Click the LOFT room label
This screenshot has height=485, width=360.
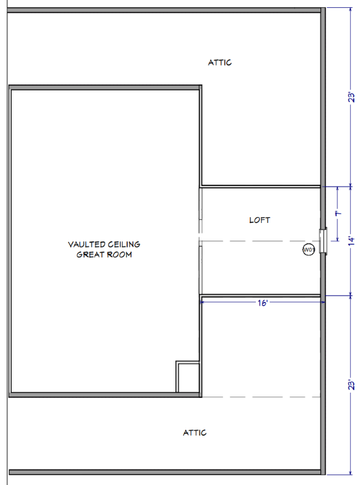259,220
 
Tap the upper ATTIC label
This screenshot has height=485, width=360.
220,62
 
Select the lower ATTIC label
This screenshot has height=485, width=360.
194,432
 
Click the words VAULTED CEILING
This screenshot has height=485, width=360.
104,244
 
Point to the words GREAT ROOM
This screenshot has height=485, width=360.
104,255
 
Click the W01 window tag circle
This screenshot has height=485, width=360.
309,250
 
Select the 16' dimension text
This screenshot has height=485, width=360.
263,303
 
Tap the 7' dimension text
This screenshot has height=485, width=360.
339,213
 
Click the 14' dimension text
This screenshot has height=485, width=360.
352,241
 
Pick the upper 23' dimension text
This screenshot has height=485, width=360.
352,97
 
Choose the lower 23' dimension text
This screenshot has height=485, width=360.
352,385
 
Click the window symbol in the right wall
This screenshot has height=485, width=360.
323,241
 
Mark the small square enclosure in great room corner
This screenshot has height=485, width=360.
188,376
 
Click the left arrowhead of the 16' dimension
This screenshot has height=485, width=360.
201,302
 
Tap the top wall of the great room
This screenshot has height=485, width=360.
105,88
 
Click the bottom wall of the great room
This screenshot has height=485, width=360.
105,395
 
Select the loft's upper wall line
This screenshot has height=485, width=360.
261,186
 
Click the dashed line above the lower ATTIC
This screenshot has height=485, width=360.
261,397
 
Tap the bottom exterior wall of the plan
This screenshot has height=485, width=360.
165,472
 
